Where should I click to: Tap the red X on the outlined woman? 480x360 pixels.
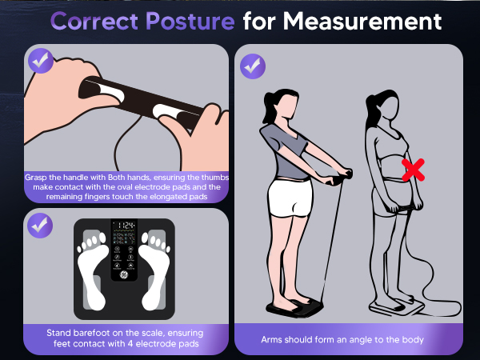pos(413,169)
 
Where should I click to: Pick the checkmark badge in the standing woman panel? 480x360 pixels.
pos(253,65)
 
